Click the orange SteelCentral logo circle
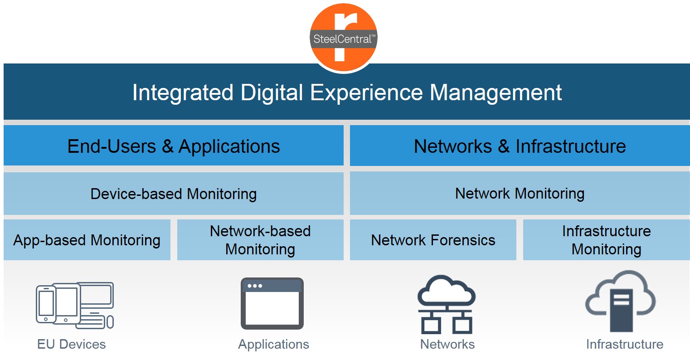(344, 38)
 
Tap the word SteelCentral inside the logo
(342, 39)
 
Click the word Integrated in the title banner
(183, 92)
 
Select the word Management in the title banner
(496, 92)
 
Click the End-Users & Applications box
(174, 146)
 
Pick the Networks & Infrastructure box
(520, 146)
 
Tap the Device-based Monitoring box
(174, 194)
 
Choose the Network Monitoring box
(520, 194)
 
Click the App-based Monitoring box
(87, 240)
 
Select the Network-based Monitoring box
(260, 240)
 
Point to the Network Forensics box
(433, 240)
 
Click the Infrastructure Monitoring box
(606, 240)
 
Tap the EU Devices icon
(75, 306)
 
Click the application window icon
(272, 303)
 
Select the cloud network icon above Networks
(447, 304)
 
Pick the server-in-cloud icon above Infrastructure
(620, 301)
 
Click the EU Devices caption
(71, 344)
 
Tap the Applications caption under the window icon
(273, 345)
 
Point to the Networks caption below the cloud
(447, 344)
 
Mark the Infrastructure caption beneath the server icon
(625, 344)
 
